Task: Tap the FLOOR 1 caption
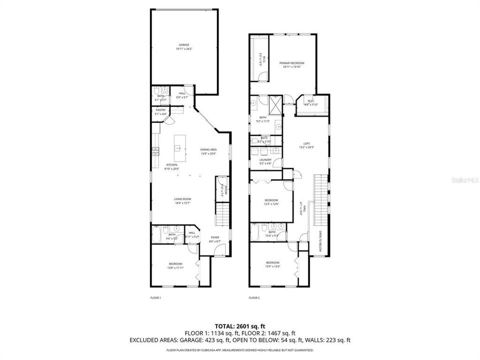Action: coord(156,298)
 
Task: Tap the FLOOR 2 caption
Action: coord(254,298)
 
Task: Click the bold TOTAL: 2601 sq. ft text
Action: coord(239,325)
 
